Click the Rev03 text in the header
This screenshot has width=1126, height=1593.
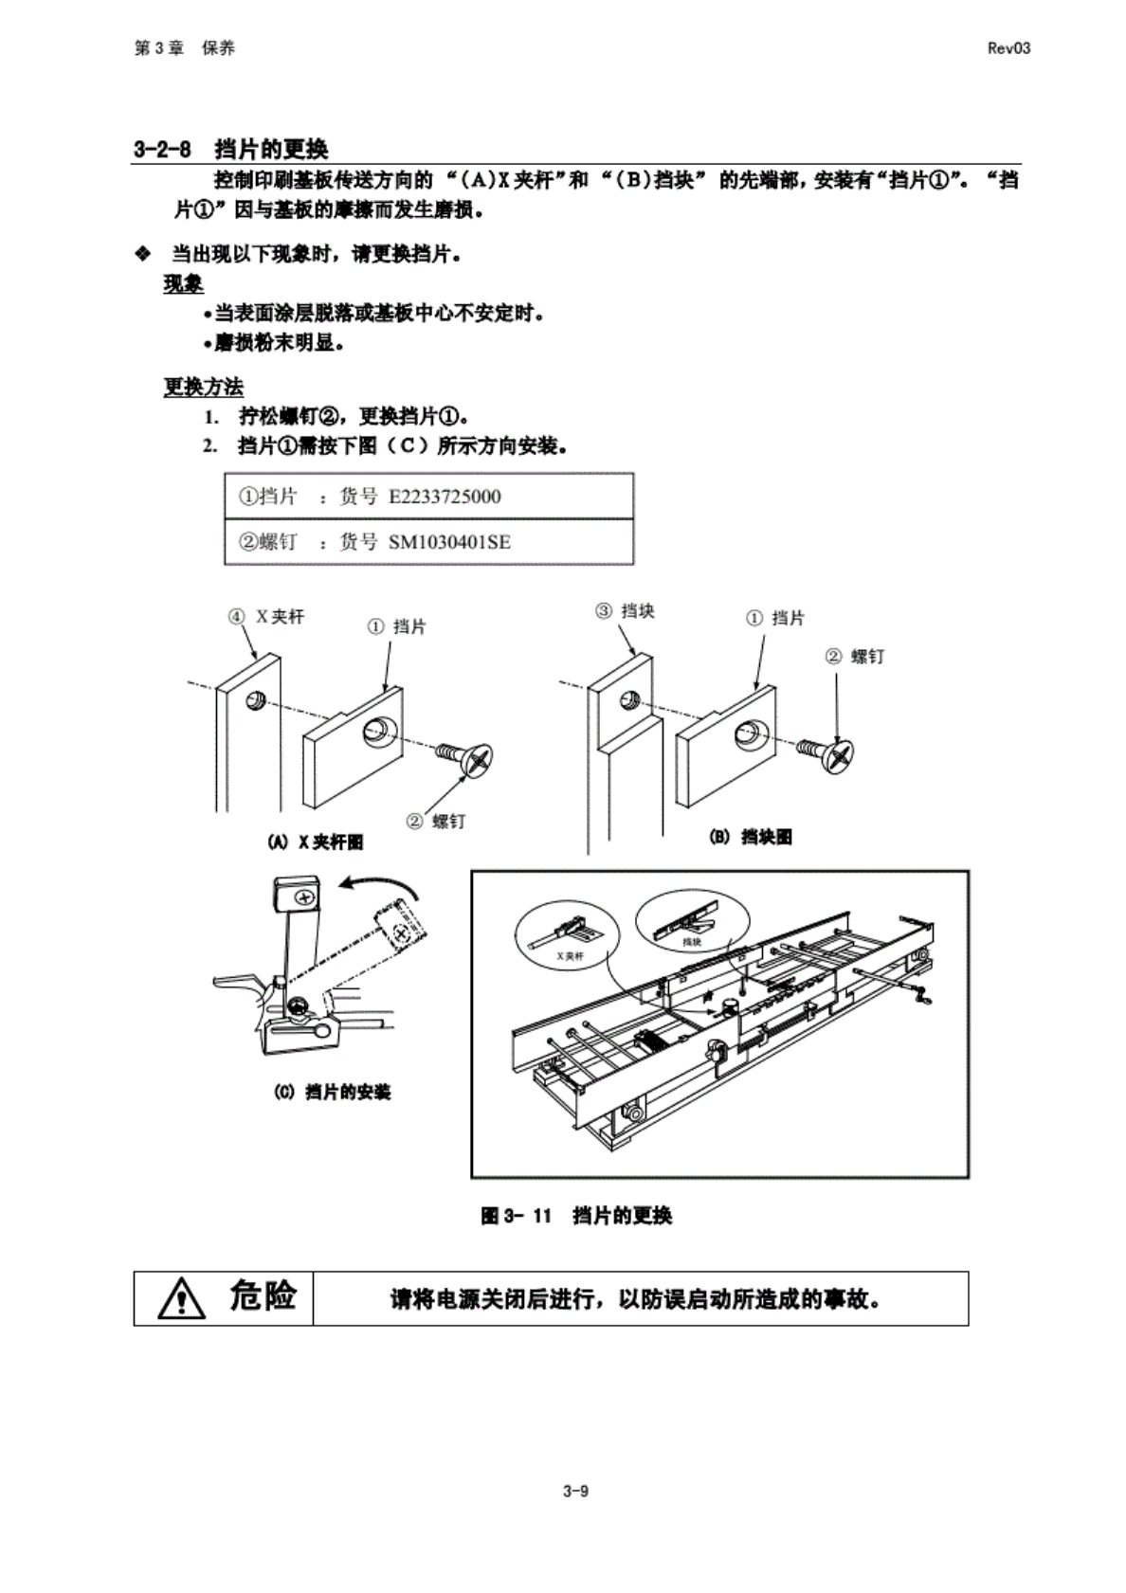pos(1008,48)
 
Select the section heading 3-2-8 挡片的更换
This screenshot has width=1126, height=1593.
pos(231,149)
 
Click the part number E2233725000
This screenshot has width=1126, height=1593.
pos(445,497)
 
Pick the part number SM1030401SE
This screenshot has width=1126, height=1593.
pos(449,542)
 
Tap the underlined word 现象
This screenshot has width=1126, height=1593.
pos(183,284)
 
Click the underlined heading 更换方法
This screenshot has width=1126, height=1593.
pos(203,387)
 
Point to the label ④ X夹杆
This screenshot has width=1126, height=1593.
pos(266,617)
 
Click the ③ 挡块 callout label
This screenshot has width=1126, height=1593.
pos(625,611)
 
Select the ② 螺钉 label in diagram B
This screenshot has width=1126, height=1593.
pos(855,656)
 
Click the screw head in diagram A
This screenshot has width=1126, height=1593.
pos(477,759)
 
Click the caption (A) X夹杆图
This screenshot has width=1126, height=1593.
pos(316,842)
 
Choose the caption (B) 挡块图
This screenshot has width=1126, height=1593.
pos(751,837)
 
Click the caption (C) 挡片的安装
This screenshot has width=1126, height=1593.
pos(332,1092)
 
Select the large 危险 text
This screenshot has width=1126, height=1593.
pos(263,1296)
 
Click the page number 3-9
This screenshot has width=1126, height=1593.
pos(575,1491)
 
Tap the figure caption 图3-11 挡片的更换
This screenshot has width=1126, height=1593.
pos(576,1216)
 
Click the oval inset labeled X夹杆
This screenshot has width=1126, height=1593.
pos(564,932)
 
